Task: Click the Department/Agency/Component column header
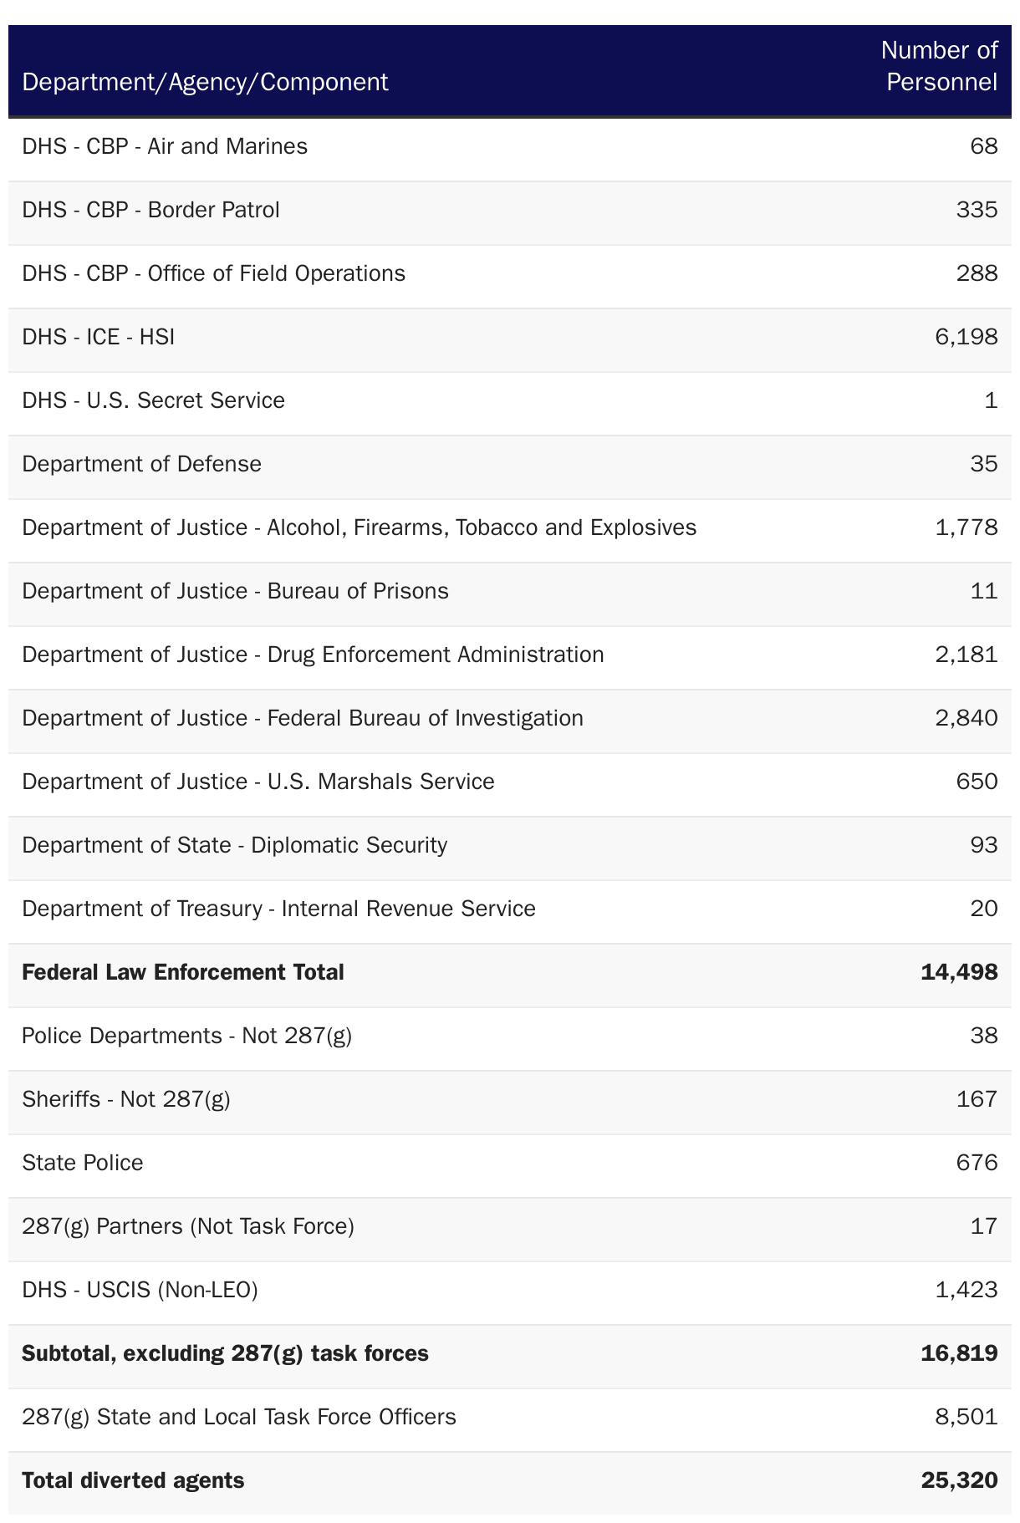[205, 82]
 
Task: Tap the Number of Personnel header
[940, 66]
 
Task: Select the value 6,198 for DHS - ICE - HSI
[966, 337]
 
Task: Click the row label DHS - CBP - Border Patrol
[151, 210]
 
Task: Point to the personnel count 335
[977, 210]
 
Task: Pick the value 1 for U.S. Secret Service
[991, 400]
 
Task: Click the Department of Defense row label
[142, 464]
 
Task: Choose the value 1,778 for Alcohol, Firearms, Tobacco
[966, 527]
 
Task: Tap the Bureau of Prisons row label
[235, 591]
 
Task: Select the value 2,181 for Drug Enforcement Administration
[966, 655]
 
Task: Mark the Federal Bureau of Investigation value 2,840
[966, 718]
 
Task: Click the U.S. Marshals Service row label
[258, 782]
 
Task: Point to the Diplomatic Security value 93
[984, 845]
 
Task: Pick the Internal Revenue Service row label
[278, 909]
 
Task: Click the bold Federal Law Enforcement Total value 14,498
[959, 972]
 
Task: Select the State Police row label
[83, 1163]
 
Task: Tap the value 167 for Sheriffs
[977, 1099]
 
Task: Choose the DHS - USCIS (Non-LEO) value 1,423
[966, 1290]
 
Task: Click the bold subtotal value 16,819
[959, 1353]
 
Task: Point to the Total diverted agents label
[133, 1480]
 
